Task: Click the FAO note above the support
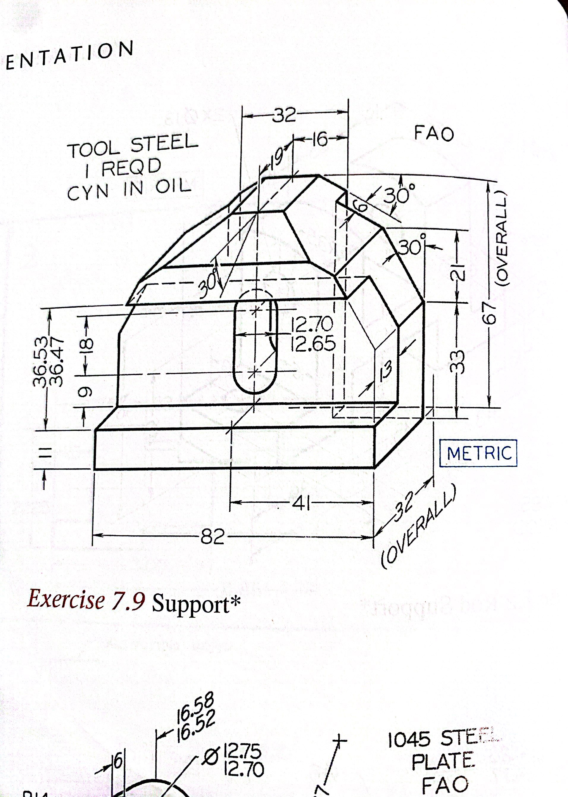point(434,134)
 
